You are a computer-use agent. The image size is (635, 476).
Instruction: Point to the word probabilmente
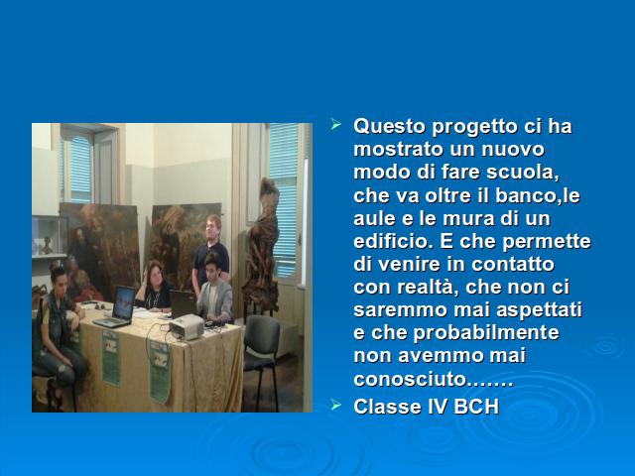[x=486, y=333]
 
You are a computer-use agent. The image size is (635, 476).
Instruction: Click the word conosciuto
[x=410, y=379]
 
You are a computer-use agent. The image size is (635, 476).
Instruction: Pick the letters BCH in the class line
[x=476, y=407]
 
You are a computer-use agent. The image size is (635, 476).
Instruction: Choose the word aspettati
[x=539, y=310]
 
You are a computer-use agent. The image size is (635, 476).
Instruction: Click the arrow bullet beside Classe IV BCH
[x=336, y=405]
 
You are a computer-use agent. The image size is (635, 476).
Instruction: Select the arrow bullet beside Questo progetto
[x=336, y=124]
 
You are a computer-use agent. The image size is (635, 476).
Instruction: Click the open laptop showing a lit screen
[x=116, y=306]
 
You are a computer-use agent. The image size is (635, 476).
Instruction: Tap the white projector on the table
[x=187, y=326]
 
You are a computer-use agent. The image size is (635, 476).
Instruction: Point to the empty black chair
[x=261, y=356]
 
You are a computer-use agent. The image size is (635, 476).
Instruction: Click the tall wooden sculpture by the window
[x=262, y=247]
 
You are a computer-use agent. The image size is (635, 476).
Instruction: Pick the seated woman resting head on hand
[x=153, y=287]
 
